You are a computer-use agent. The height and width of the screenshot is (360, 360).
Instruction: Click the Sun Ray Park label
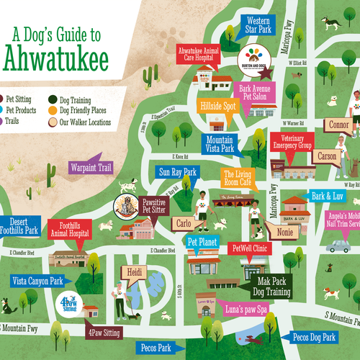coord(176,172)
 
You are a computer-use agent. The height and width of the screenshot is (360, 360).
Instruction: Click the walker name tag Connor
coord(338,125)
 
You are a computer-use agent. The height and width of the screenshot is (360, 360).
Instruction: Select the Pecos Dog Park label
coord(313,337)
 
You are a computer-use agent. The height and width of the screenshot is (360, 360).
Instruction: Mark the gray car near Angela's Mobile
coord(338,246)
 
